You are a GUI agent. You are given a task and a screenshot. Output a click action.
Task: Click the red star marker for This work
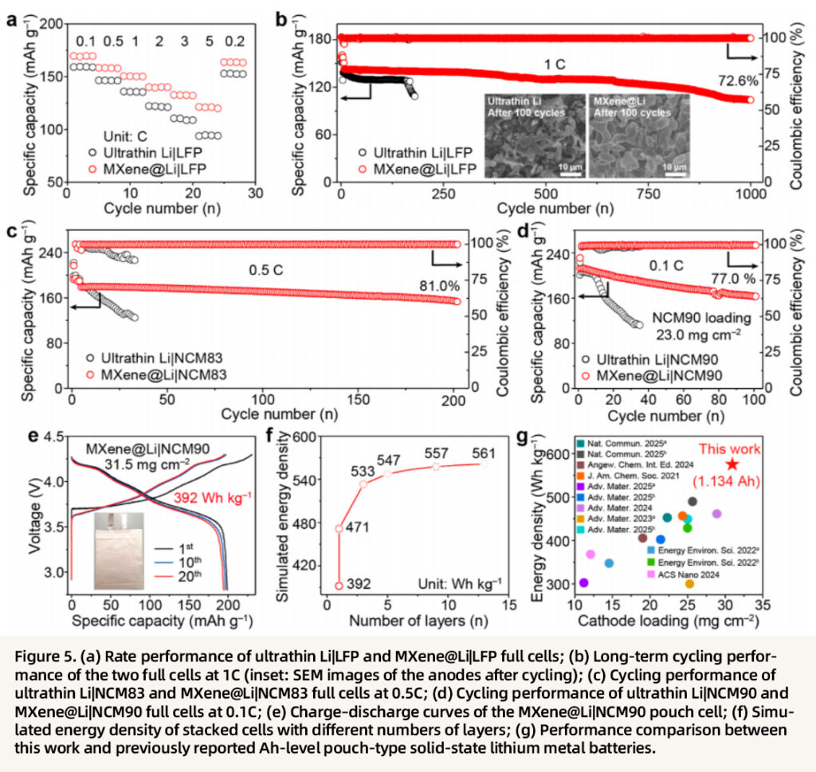pyautogui.click(x=732, y=464)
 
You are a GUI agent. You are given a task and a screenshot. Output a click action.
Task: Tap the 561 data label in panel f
pyautogui.click(x=484, y=453)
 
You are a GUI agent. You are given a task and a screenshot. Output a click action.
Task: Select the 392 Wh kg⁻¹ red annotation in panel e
pyautogui.click(x=212, y=498)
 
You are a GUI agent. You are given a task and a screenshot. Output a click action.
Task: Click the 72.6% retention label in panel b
pyautogui.click(x=738, y=80)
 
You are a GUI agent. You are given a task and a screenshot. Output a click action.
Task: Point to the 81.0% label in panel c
pyautogui.click(x=440, y=285)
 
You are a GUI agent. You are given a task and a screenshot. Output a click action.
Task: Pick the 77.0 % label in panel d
pyautogui.click(x=733, y=279)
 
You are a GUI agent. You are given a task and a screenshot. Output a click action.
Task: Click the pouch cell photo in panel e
pyautogui.click(x=120, y=551)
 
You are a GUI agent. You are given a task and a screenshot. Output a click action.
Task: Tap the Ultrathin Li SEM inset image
pyautogui.click(x=535, y=135)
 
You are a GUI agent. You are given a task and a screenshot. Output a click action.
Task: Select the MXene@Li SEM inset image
pyautogui.click(x=640, y=135)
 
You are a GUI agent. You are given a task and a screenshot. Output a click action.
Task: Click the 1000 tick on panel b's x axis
pyautogui.click(x=751, y=194)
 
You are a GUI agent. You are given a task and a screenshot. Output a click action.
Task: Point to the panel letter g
pyautogui.click(x=523, y=436)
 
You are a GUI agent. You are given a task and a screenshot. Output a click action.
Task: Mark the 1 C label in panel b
pyautogui.click(x=555, y=65)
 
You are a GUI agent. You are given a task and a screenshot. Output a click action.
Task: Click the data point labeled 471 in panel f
pyautogui.click(x=339, y=528)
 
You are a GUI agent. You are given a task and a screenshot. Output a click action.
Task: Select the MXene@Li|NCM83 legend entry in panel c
pyautogui.click(x=157, y=374)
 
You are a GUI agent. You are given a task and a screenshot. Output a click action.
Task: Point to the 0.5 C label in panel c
pyautogui.click(x=266, y=271)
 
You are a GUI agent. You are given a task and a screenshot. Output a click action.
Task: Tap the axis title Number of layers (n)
pyautogui.click(x=418, y=621)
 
